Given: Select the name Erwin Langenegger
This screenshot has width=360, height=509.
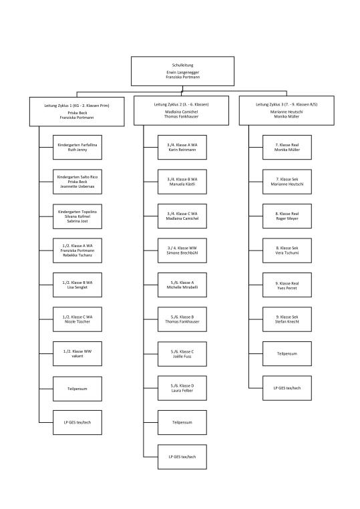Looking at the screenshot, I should pyautogui.click(x=182, y=72).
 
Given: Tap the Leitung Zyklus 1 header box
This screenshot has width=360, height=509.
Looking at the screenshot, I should pyautogui.click(x=77, y=110).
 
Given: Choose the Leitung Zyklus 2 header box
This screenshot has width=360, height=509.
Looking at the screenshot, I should pyautogui.click(x=182, y=110).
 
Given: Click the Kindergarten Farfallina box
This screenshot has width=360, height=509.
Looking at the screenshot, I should pyautogui.click(x=77, y=148).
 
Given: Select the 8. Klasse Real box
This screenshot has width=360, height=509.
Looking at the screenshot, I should pyautogui.click(x=287, y=216).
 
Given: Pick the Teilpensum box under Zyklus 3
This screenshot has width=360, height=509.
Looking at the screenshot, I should pyautogui.click(x=287, y=353).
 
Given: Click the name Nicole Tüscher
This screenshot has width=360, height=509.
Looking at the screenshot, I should pyautogui.click(x=77, y=322).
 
